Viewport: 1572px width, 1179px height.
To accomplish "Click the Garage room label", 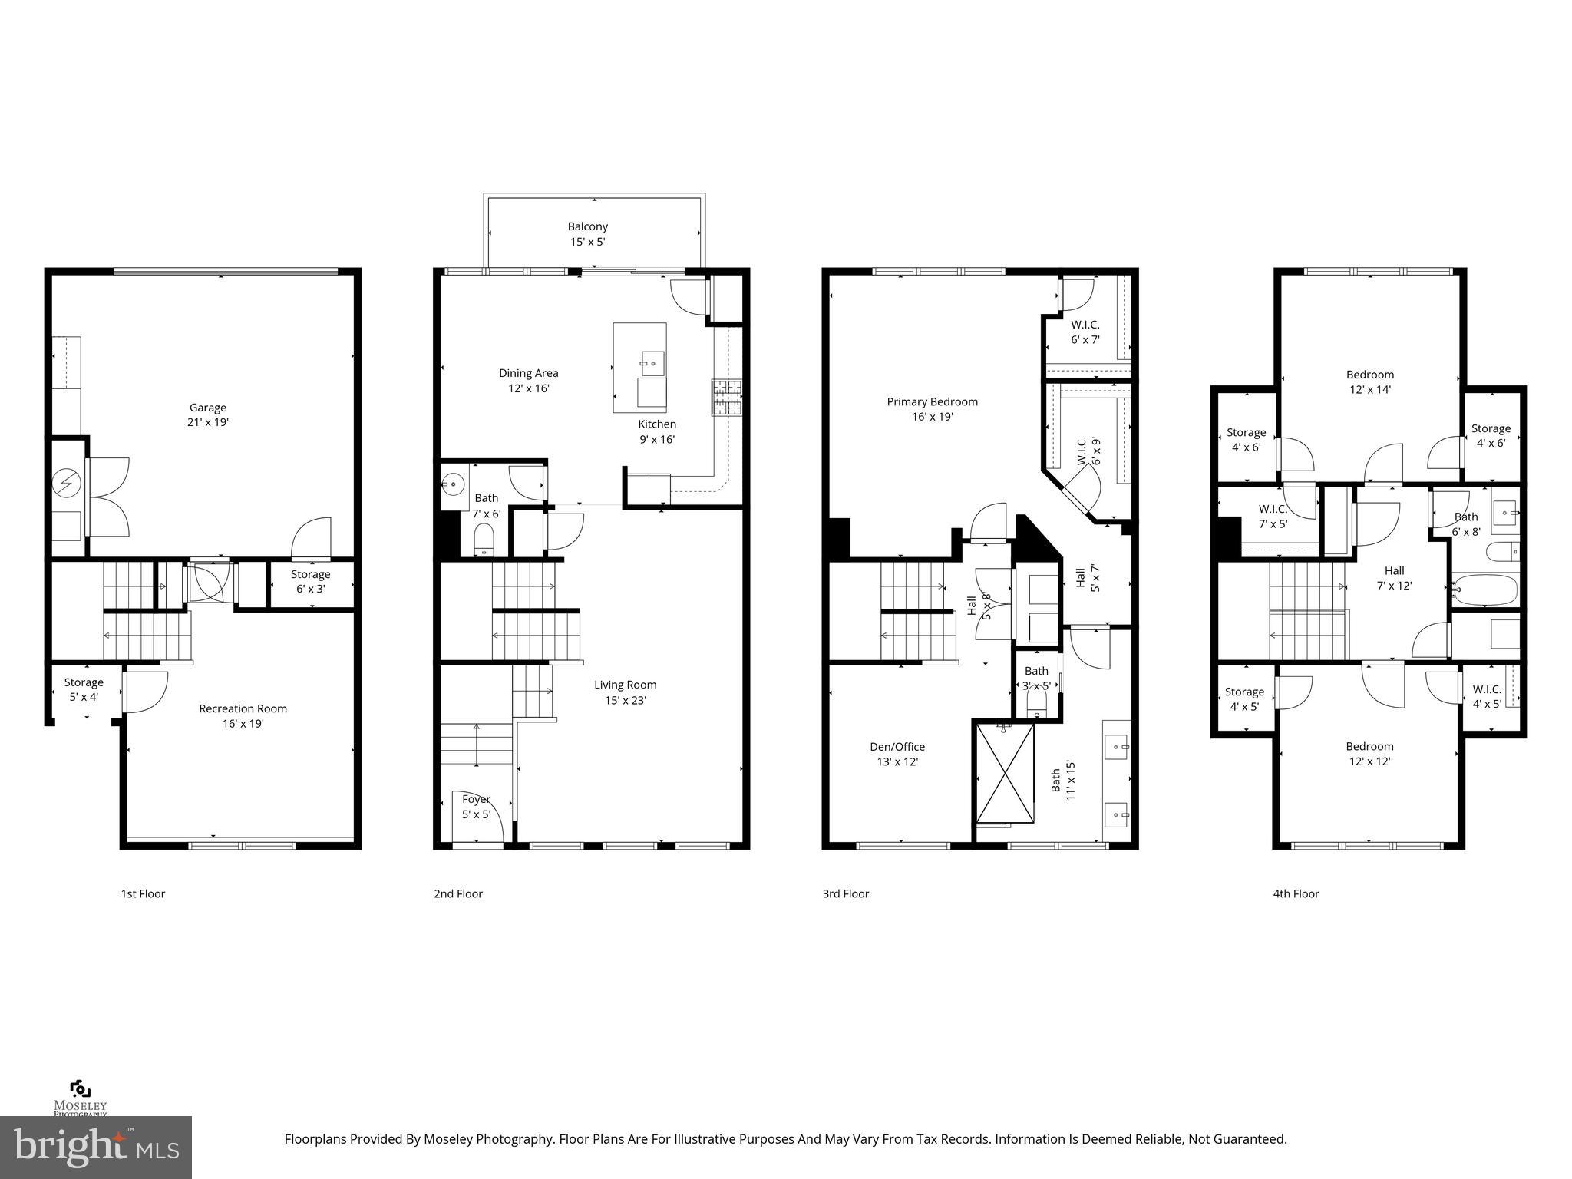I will [208, 414].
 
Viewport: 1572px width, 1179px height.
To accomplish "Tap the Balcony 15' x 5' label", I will [587, 233].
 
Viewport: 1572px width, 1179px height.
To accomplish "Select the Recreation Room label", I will [243, 715].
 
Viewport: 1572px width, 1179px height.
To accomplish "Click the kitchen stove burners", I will [727, 398].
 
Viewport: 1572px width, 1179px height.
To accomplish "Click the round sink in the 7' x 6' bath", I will [452, 484].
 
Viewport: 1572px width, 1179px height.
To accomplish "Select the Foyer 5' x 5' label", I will [476, 807].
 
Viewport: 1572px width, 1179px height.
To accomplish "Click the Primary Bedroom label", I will [932, 408].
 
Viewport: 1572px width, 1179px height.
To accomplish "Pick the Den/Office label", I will [897, 754].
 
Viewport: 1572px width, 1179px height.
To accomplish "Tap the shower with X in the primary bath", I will [1005, 773].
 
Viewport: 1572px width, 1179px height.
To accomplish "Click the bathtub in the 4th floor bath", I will [1486, 589].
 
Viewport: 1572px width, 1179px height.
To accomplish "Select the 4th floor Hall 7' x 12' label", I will [1394, 577].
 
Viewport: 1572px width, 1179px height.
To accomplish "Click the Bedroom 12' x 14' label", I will [1370, 381].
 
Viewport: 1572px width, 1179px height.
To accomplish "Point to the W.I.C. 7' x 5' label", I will [1273, 516].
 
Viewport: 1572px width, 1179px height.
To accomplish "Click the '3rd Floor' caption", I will [845, 893].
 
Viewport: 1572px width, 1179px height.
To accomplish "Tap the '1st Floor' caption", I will [143, 893].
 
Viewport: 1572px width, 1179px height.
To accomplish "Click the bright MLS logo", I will [96, 1147].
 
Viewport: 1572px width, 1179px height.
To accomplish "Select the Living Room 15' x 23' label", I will [625, 692].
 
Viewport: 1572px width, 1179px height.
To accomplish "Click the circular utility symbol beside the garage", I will [66, 483].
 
